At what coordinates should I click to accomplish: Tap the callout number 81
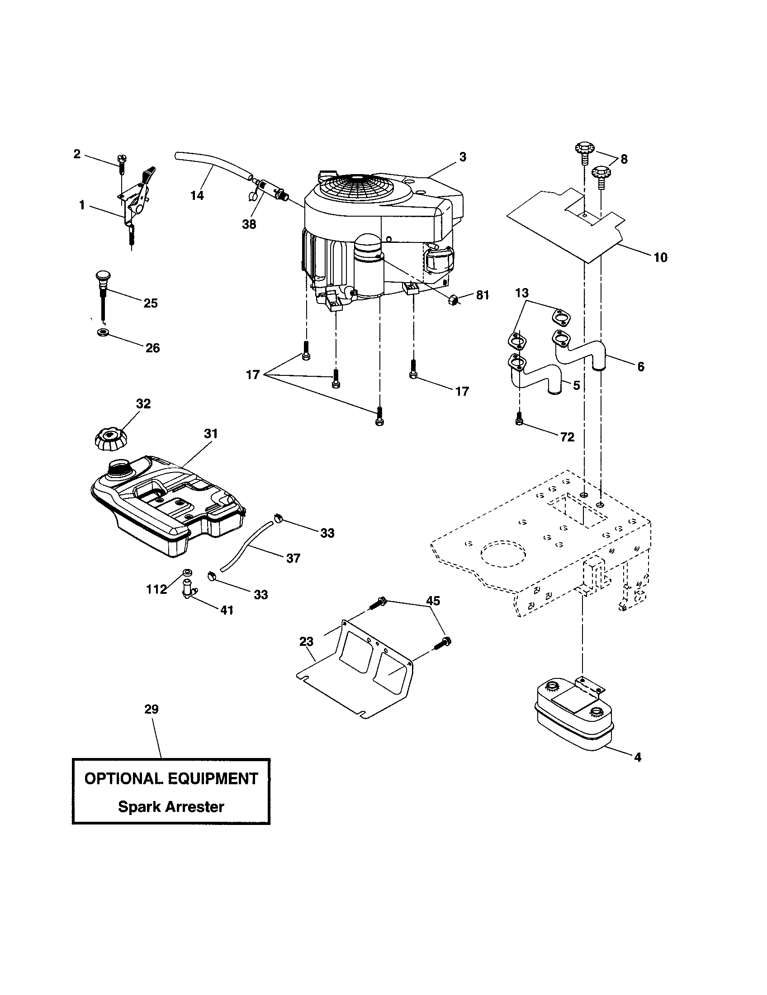click(483, 295)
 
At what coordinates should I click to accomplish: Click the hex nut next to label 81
click(453, 300)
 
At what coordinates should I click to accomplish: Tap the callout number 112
click(156, 589)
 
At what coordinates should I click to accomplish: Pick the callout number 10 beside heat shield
click(660, 257)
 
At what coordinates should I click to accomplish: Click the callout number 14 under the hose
click(197, 195)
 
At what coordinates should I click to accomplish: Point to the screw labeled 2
click(121, 163)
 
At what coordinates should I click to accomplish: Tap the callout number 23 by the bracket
click(306, 641)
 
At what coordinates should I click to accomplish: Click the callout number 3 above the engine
click(463, 157)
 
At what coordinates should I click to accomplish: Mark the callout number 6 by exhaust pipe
click(641, 366)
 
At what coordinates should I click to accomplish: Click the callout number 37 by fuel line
click(294, 558)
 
